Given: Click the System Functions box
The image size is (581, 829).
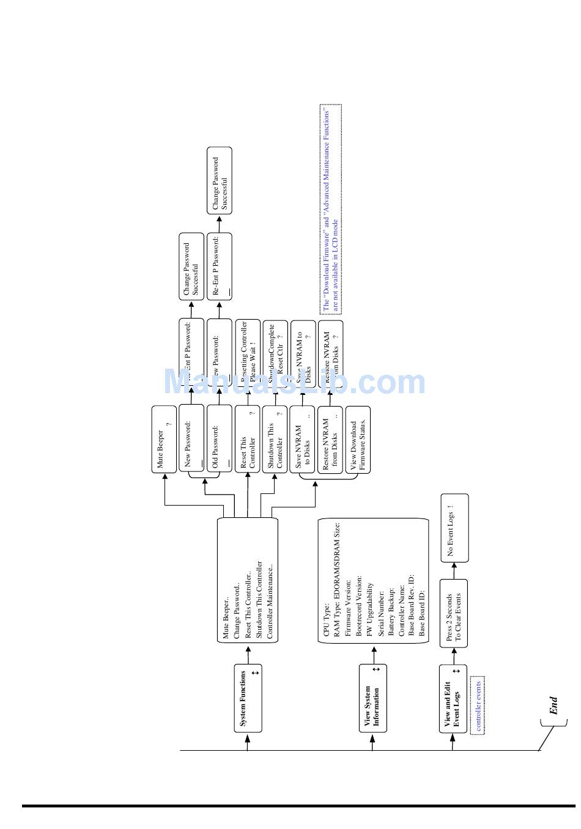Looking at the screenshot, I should coord(248,698).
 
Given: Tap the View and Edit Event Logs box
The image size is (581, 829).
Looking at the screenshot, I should coord(453,698).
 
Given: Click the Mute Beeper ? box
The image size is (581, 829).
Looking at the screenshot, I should coord(164,439).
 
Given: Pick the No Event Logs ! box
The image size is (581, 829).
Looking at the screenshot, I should coord(454,528).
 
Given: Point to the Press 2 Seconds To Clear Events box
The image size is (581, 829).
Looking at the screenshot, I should coord(453,613).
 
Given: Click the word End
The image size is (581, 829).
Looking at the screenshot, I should coord(553,706).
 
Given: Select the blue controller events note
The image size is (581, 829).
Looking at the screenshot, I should coord(477,704).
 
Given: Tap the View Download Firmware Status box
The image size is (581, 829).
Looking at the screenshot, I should coord(358,439).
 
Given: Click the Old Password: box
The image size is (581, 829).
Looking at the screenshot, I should coord(219,439).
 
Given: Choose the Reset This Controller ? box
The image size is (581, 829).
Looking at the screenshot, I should coord(248,439).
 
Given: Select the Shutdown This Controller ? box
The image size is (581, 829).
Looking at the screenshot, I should coord(275,439).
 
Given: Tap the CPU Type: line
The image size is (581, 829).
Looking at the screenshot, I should coord(327,620).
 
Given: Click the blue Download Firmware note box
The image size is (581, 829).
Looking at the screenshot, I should coord(330,209).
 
